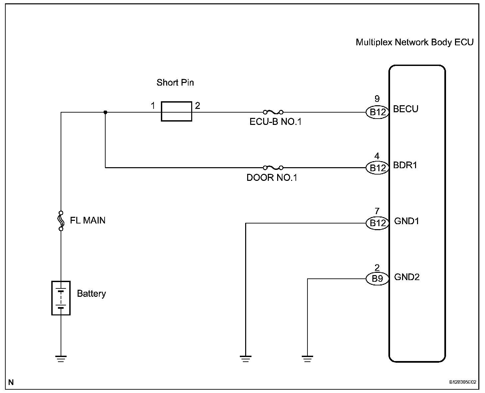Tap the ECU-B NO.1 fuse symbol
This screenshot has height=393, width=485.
[273, 112]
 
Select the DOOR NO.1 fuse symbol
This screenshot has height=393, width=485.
[273, 168]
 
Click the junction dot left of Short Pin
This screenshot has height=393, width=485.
[105, 112]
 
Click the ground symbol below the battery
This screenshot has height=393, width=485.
[61, 359]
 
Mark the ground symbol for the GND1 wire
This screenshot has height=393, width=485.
[245, 359]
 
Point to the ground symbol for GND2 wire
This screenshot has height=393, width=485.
[307, 359]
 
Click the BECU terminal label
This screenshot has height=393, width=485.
[406, 109]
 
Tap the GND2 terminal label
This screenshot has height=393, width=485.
[407, 277]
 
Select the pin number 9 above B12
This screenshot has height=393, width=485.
[377, 99]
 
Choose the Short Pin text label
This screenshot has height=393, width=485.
[175, 82]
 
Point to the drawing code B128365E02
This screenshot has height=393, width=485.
[463, 382]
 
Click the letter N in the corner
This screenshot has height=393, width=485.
[11, 382]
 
